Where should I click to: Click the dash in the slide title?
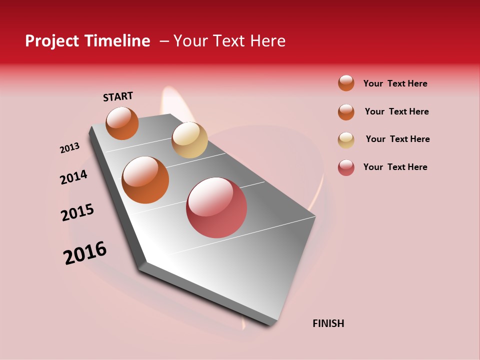164,41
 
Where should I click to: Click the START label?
118,96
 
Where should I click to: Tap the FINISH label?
328,323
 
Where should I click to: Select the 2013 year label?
70,148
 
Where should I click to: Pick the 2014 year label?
74,177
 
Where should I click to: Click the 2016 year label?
85,253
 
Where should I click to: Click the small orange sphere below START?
122,123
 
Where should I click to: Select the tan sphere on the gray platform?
189,140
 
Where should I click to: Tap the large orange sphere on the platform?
145,180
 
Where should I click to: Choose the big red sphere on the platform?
216,207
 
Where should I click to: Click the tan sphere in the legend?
346,140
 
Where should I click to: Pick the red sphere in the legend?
346,167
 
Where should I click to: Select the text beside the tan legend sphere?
397,139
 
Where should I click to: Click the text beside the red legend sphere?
395,167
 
